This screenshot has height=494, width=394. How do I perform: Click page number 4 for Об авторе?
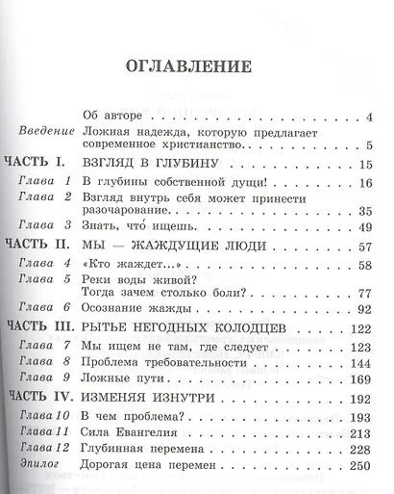369,118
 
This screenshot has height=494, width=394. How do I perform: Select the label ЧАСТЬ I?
37,166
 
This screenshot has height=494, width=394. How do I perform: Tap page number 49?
365,253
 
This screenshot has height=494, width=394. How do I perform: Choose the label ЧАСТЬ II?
41,273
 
